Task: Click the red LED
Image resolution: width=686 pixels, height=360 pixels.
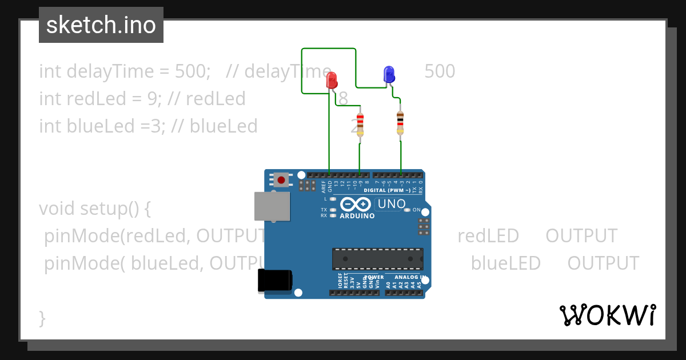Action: tap(332, 81)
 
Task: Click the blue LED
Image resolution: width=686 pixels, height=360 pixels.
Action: tap(389, 74)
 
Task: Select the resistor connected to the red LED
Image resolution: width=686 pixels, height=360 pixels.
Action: tap(360, 125)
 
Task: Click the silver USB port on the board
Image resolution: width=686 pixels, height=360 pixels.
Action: tap(272, 206)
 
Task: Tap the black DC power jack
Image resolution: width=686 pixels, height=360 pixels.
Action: tap(275, 280)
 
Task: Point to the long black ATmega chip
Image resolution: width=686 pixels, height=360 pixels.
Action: tap(378, 259)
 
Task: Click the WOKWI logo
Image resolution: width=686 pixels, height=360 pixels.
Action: tap(608, 315)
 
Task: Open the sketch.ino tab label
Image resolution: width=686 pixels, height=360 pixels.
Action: tap(101, 25)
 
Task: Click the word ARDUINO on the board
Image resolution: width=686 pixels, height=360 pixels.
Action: tap(357, 216)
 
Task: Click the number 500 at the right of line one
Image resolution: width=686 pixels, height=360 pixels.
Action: tap(440, 71)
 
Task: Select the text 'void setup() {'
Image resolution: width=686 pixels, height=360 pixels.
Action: tap(95, 208)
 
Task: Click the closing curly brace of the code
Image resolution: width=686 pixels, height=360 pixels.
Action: tap(42, 318)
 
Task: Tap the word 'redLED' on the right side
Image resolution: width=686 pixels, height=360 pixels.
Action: tap(488, 235)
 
